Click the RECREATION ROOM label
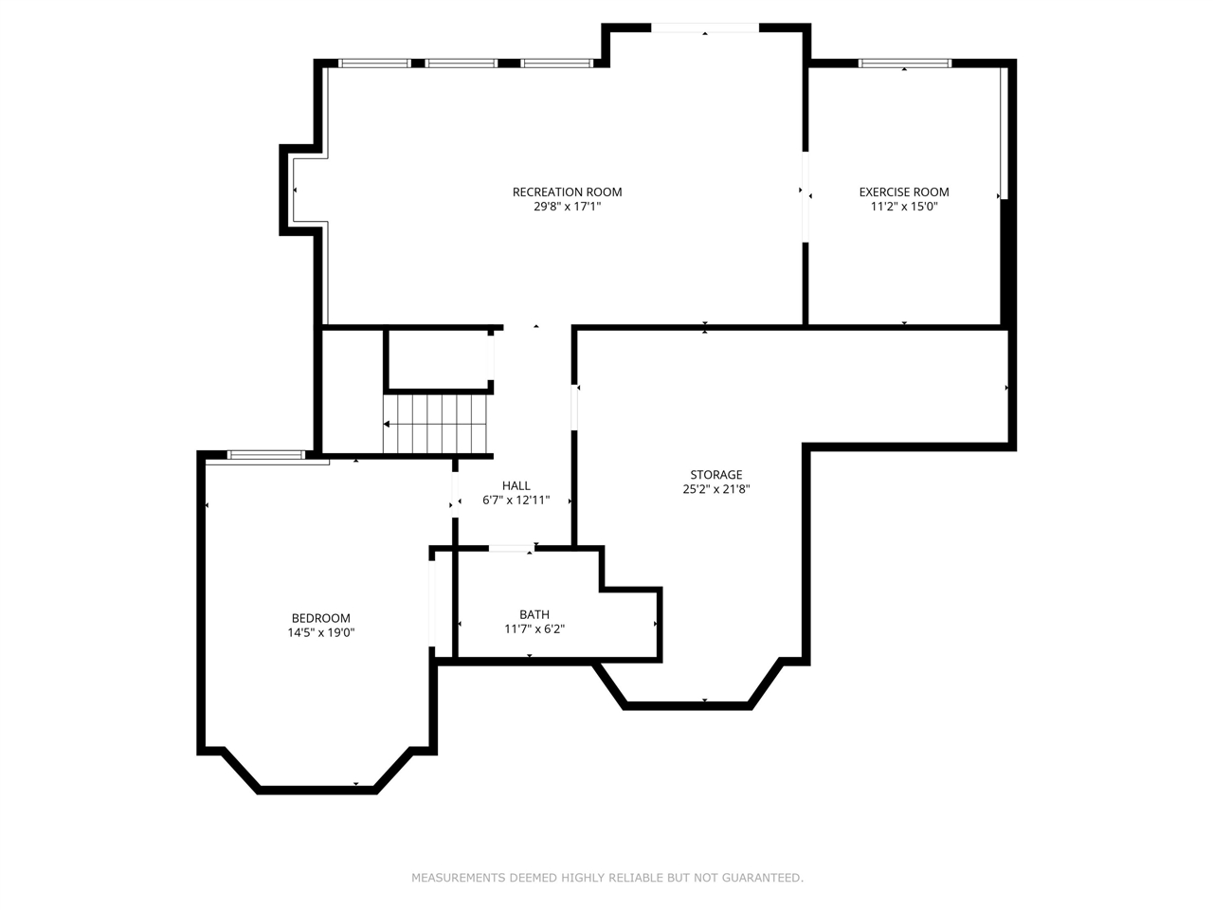pyautogui.click(x=567, y=191)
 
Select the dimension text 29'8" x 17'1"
pyautogui.click(x=567, y=206)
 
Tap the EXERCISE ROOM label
pyautogui.click(x=903, y=191)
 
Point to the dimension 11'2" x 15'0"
pyautogui.click(x=903, y=206)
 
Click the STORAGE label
pyautogui.click(x=715, y=475)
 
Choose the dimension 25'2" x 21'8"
pyautogui.click(x=715, y=489)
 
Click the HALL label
pyautogui.click(x=516, y=485)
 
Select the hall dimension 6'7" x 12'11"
pyautogui.click(x=516, y=500)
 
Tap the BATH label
pyautogui.click(x=534, y=614)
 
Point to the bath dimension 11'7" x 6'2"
pyautogui.click(x=534, y=628)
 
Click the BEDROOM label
pyautogui.click(x=320, y=618)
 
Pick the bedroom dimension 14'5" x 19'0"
pyautogui.click(x=320, y=632)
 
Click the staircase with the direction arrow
pyautogui.click(x=435, y=424)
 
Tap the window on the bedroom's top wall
pyautogui.click(x=266, y=455)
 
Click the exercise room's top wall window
pyautogui.click(x=904, y=64)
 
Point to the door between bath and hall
pyautogui.click(x=511, y=548)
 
